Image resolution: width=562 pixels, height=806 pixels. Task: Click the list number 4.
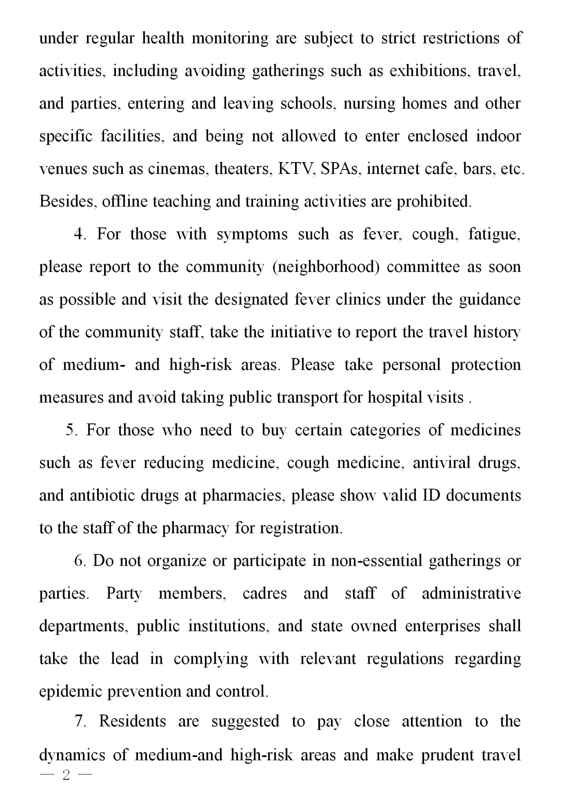pos(80,234)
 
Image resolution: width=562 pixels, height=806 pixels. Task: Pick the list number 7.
pos(80,722)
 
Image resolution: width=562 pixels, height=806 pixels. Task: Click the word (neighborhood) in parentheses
pos(326,267)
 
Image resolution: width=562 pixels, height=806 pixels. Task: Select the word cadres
pos(265,593)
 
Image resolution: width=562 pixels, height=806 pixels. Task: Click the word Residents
pos(133,722)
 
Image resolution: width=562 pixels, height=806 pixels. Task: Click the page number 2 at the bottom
pos(66,788)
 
